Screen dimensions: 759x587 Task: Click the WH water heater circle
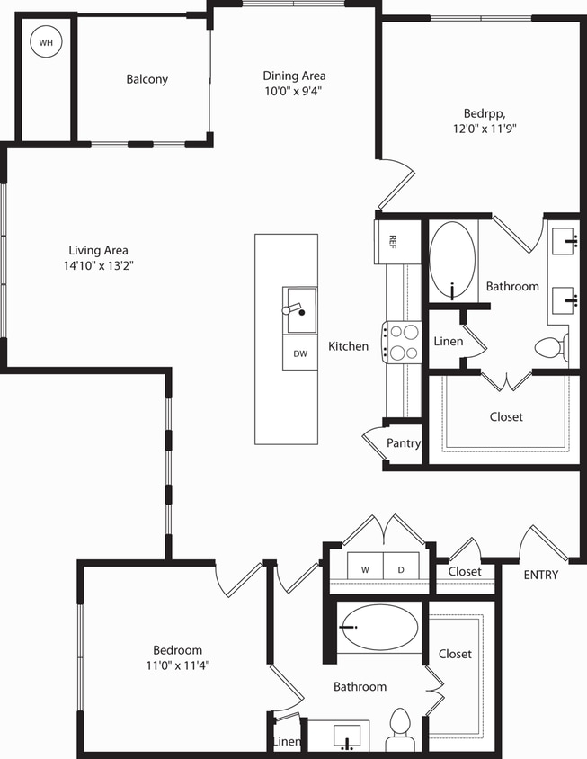click(44, 41)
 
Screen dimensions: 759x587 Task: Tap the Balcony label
click(147, 79)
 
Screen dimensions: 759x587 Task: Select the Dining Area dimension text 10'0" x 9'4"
click(293, 91)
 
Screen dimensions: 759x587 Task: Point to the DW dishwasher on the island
click(299, 353)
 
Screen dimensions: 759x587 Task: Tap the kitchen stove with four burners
click(402, 341)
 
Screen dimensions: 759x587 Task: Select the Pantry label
click(404, 443)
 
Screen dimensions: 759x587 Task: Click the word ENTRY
click(540, 575)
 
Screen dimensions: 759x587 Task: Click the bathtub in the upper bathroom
click(452, 260)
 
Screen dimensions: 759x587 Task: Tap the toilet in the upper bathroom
click(549, 347)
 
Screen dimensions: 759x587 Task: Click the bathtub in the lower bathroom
click(379, 626)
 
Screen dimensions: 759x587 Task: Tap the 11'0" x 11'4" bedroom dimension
click(176, 665)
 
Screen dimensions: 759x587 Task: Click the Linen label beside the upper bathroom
click(448, 342)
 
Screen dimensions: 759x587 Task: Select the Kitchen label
click(348, 346)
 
